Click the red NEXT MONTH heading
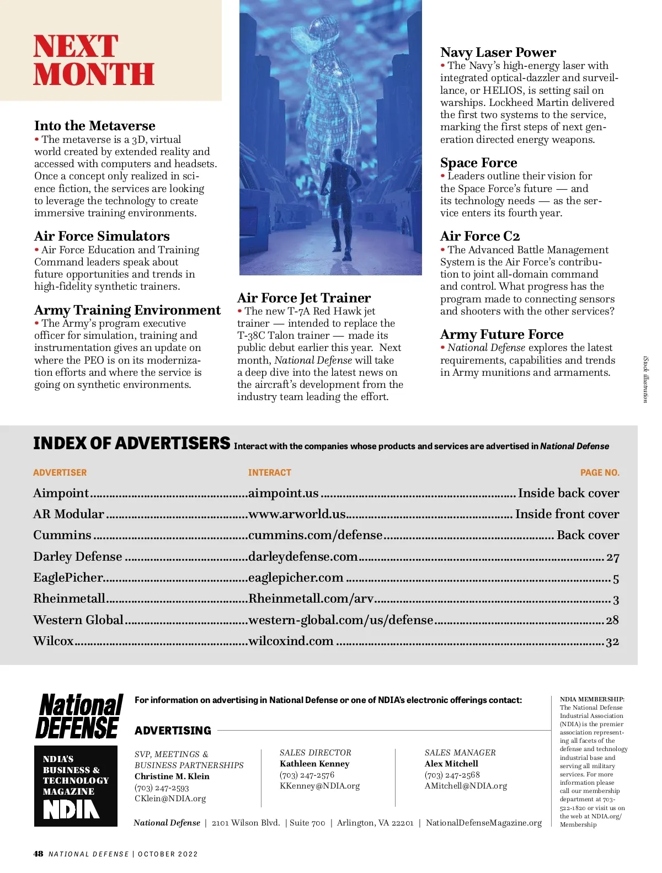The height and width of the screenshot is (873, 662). tap(93, 60)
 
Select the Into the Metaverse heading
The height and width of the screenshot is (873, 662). tap(94, 126)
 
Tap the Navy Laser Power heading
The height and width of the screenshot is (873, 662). tap(498, 52)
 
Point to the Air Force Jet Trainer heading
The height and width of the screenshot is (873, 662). tap(303, 298)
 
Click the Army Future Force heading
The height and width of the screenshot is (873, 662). tap(501, 334)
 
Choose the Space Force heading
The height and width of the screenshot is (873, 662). tap(478, 163)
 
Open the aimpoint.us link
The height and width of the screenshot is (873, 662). tap(283, 493)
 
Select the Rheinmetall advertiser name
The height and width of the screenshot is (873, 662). tap(69, 599)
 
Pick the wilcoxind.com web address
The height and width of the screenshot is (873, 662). tap(291, 641)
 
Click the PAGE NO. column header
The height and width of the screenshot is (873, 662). tap(600, 473)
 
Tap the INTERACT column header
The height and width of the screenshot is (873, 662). tap(269, 473)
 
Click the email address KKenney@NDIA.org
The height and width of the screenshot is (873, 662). tap(319, 786)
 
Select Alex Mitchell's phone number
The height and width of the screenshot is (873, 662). tap(452, 775)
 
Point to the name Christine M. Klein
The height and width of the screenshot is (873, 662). tap(172, 776)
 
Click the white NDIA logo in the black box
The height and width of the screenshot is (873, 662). tap(71, 809)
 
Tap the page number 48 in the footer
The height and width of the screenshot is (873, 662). tap(38, 854)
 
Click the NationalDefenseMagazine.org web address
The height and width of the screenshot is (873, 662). tap(483, 823)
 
